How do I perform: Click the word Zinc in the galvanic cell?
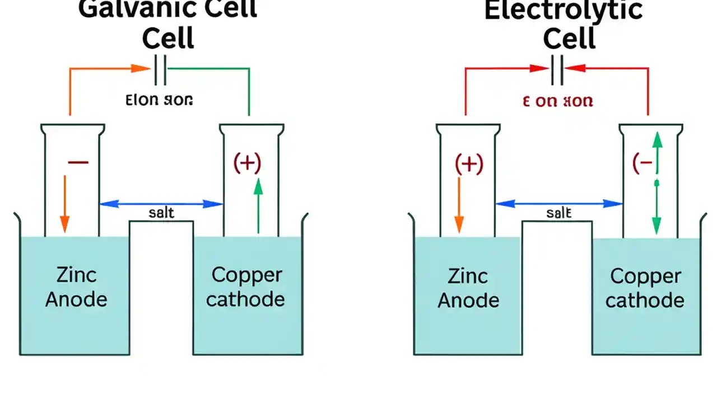[76, 275]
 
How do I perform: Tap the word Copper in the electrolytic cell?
[645, 276]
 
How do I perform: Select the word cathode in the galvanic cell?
[245, 299]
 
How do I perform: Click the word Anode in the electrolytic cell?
[468, 300]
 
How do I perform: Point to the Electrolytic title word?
[564, 11]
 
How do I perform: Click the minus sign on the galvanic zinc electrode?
[78, 162]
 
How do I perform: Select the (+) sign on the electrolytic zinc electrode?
[469, 165]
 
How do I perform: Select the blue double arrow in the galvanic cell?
[161, 204]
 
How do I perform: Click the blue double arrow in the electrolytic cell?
[559, 204]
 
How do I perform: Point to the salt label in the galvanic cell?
[161, 213]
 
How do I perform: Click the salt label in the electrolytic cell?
[558, 213]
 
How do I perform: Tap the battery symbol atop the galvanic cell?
[160, 70]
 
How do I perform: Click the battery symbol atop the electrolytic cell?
[557, 70]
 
